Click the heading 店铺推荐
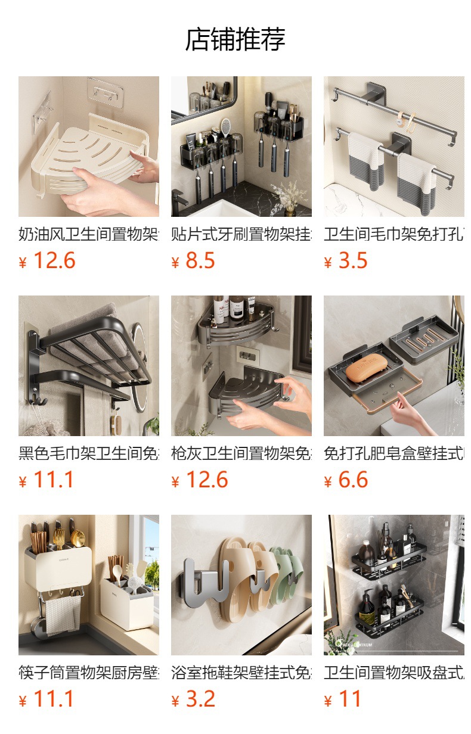coord(235,39)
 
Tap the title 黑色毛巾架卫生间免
coord(88,454)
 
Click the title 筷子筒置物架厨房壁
coord(88,673)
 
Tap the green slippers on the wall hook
coord(284,572)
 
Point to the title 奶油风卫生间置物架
coord(88,234)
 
